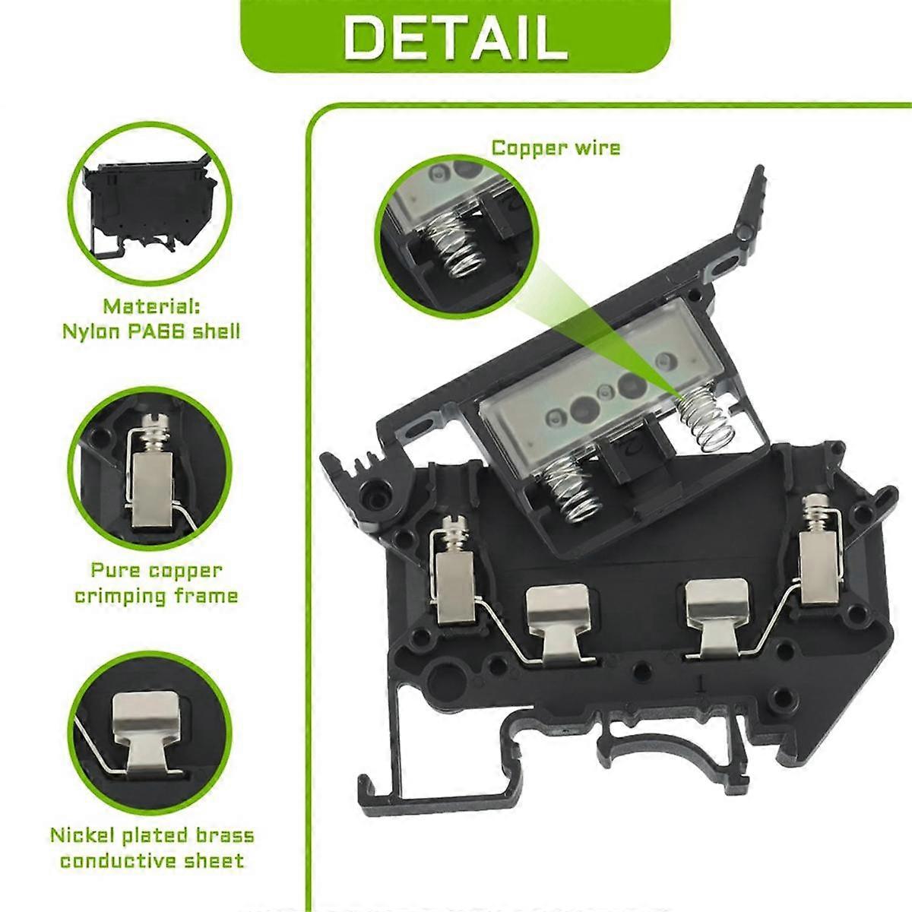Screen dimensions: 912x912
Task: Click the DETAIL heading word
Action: point(455,38)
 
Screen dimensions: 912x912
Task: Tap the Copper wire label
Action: point(556,148)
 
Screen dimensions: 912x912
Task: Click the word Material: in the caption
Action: point(152,307)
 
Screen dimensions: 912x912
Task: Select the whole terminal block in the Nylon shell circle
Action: point(147,204)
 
